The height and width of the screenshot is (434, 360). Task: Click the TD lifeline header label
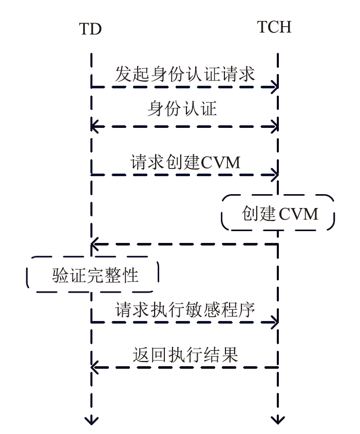(90, 29)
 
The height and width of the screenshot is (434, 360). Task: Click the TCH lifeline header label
(274, 27)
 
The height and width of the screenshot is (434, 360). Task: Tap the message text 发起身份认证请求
(185, 74)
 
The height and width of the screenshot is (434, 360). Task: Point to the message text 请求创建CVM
(185, 162)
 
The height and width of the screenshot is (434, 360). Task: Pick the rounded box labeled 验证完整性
(92, 275)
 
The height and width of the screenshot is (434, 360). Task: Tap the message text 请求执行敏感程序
(185, 310)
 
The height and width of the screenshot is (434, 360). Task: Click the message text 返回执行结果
(185, 355)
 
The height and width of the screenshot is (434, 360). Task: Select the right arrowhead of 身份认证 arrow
(275, 125)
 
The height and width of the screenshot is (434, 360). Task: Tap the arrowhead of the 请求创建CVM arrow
(275, 175)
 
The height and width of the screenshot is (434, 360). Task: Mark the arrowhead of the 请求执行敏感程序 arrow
(275, 323)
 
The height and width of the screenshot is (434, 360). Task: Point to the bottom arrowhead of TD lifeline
(91, 421)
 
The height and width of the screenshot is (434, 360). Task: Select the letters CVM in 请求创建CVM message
(221, 162)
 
